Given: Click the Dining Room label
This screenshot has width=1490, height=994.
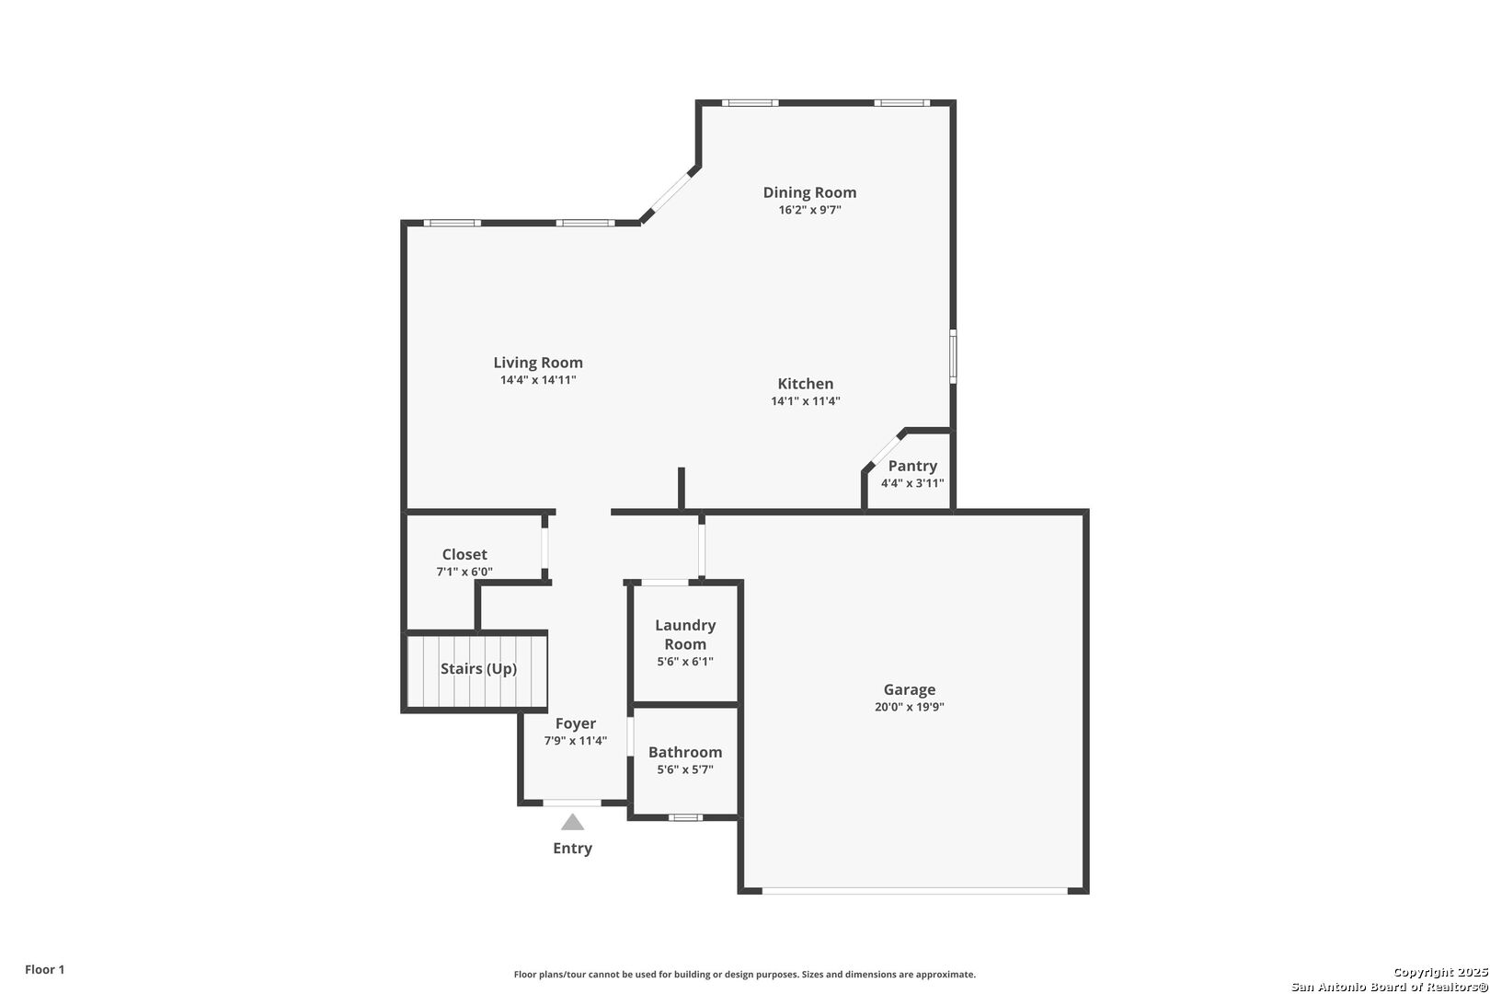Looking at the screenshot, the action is click(x=809, y=192).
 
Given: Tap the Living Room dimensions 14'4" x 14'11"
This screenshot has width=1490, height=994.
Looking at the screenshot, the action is click(x=538, y=380).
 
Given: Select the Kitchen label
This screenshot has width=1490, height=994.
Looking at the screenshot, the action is click(x=806, y=384).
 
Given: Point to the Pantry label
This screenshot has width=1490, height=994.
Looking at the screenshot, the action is click(x=912, y=466).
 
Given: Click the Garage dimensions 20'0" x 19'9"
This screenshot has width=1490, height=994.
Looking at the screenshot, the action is click(x=910, y=707).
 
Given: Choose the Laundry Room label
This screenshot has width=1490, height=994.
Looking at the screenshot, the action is click(x=685, y=634).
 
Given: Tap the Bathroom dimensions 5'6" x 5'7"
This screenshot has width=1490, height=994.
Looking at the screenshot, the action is click(x=685, y=769).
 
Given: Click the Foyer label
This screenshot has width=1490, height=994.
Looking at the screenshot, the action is click(x=576, y=723).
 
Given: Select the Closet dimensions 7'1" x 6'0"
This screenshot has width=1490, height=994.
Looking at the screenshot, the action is click(x=464, y=572).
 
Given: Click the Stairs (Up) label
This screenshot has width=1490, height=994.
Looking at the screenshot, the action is click(x=478, y=668).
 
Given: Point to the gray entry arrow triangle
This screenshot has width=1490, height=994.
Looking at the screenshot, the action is click(x=572, y=822).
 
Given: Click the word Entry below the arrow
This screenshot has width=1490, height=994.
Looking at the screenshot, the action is click(x=572, y=849).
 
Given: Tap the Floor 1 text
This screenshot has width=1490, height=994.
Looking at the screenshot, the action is click(x=44, y=969).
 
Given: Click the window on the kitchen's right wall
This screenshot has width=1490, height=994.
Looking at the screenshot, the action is click(x=953, y=356).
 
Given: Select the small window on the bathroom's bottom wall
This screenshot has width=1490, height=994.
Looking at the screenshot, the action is click(x=685, y=817).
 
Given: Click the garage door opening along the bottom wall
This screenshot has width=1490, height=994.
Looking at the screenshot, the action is click(x=914, y=891).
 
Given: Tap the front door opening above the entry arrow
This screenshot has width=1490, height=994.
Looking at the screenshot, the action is click(x=572, y=803).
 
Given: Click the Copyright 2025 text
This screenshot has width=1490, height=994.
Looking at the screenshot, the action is click(x=1440, y=972).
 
